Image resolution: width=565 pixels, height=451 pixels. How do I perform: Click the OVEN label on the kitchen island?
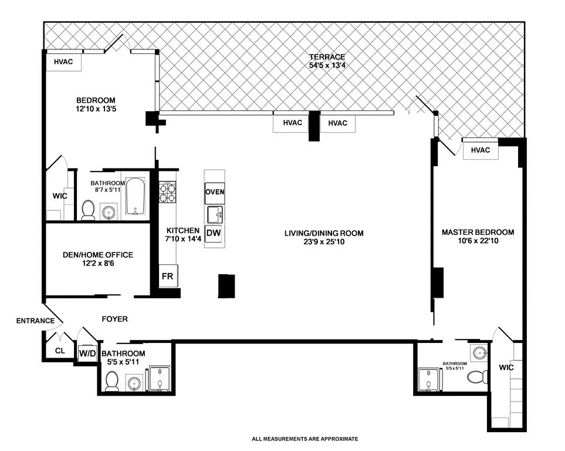tap(214, 192)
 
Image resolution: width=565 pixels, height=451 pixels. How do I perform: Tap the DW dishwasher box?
tap(214, 234)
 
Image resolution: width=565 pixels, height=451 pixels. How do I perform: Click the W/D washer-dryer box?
tap(87, 353)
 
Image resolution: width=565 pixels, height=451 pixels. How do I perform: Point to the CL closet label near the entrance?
tap(60, 351)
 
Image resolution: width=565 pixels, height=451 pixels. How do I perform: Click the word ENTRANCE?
tap(35, 321)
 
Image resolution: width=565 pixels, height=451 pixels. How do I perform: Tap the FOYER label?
tap(114, 319)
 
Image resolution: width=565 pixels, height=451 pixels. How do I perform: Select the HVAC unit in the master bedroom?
tap(480, 150)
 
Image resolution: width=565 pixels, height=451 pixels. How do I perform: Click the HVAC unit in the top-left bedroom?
tap(63, 62)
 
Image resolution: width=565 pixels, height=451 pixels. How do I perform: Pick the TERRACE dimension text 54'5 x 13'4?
tap(327, 65)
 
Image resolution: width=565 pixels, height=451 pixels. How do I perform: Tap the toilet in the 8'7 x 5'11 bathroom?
tap(89, 210)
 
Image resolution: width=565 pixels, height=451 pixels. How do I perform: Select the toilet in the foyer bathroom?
tap(112, 382)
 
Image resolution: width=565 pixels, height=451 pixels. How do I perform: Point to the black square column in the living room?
tap(226, 286)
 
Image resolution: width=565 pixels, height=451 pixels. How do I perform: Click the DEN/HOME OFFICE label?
tap(97, 255)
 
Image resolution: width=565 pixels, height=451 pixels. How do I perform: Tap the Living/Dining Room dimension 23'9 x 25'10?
tap(324, 241)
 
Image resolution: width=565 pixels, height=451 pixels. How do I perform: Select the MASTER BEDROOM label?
tap(478, 232)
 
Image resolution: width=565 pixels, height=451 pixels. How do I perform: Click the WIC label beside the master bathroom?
tap(505, 368)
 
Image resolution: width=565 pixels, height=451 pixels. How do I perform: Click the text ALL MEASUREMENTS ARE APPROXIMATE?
tap(305, 439)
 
